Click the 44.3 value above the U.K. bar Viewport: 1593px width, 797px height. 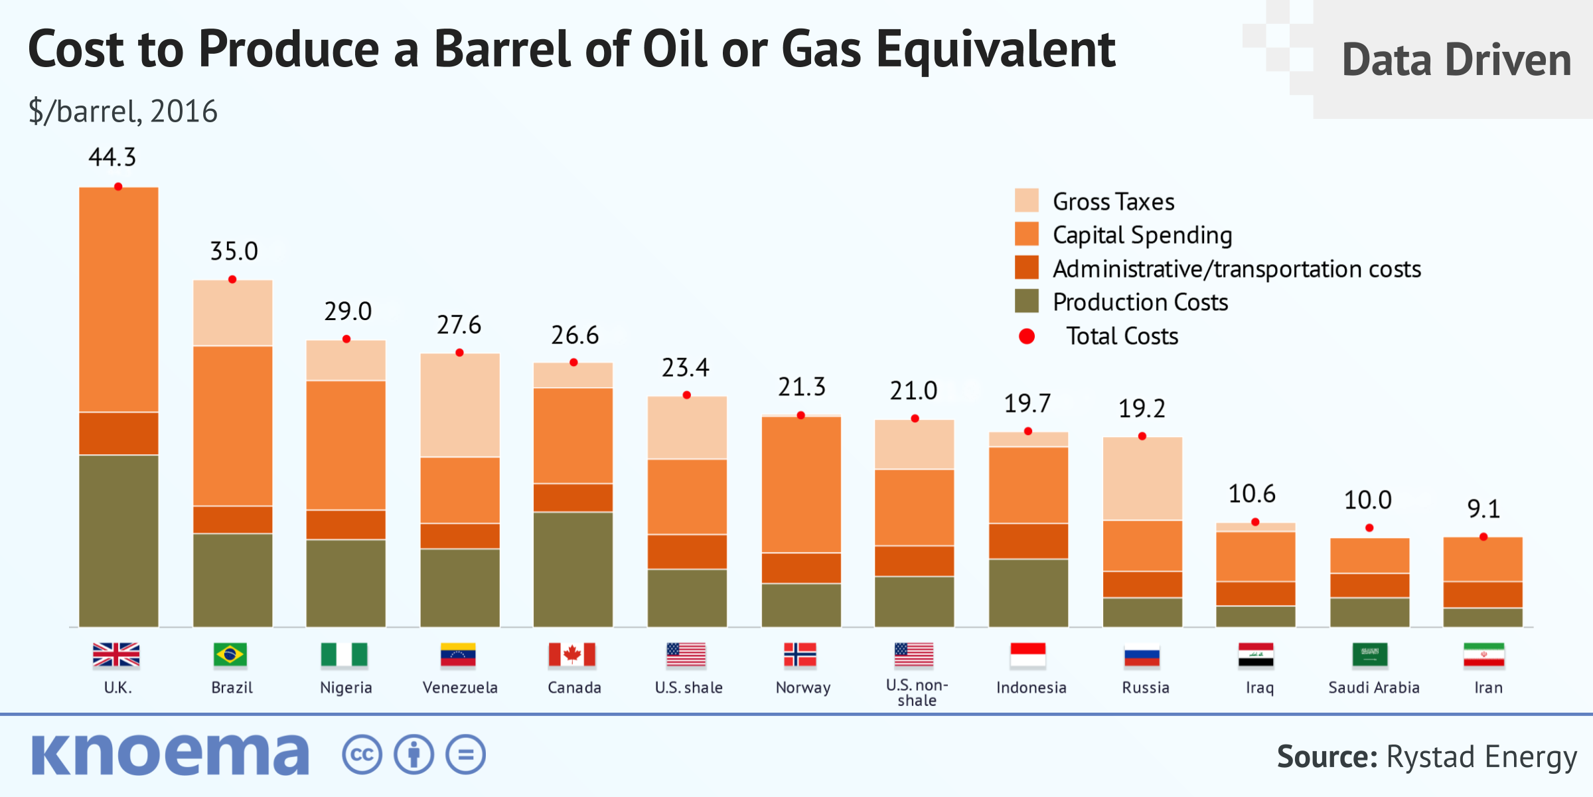click(112, 158)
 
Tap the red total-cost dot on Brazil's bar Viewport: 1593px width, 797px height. click(232, 280)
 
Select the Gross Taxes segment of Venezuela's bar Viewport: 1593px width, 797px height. click(460, 405)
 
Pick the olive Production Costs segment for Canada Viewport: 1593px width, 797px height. click(573, 569)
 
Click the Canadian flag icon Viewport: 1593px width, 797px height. click(572, 655)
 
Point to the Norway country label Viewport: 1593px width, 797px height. click(803, 687)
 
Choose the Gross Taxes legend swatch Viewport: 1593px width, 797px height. click(1026, 201)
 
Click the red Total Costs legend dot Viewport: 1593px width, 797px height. click(1026, 337)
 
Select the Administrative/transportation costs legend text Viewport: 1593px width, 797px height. click(1237, 269)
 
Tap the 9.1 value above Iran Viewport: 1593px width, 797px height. click(1483, 509)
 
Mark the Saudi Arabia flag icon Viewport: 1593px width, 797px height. click(1369, 655)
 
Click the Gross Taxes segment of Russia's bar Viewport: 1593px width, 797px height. click(1142, 478)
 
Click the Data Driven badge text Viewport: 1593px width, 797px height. click(1456, 60)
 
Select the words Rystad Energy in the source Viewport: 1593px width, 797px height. click(1481, 757)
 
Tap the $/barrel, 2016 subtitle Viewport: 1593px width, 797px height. click(123, 112)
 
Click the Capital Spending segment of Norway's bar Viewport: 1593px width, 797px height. click(801, 485)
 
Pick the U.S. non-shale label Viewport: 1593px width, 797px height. click(917, 692)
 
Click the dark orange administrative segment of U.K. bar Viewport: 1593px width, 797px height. click(119, 433)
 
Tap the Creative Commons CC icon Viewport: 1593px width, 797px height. click(362, 755)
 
